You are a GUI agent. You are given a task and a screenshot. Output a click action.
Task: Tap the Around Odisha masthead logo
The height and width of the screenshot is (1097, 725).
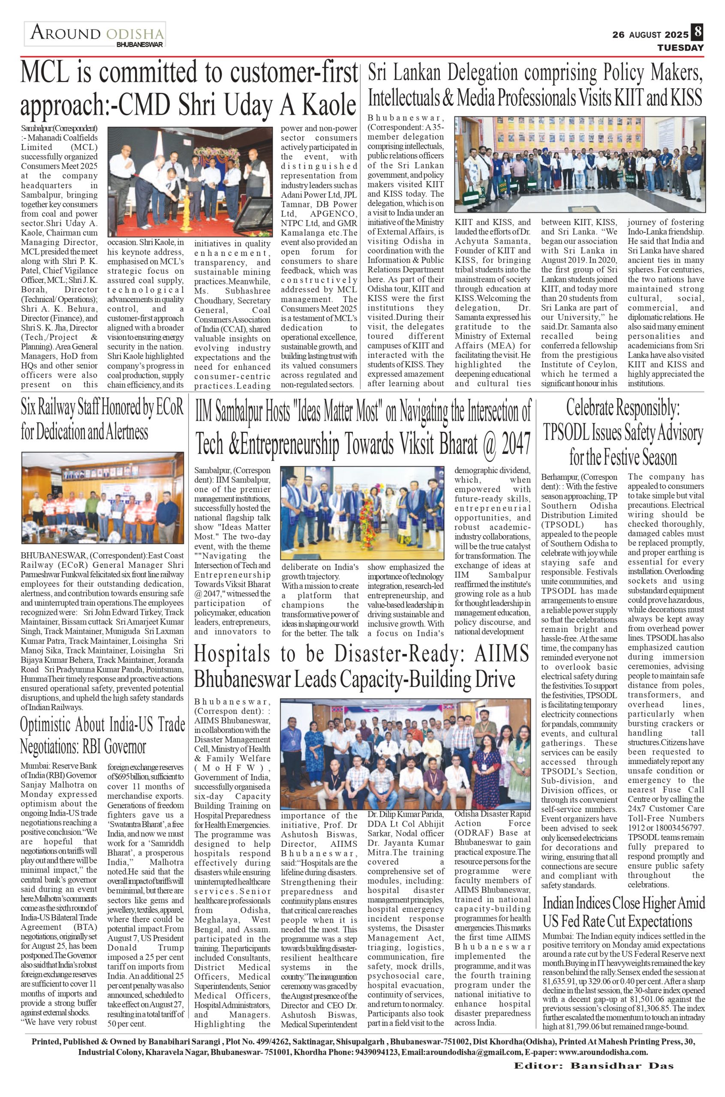tap(95, 35)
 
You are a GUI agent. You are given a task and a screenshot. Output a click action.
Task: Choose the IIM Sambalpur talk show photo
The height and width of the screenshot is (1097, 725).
tap(362, 513)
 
